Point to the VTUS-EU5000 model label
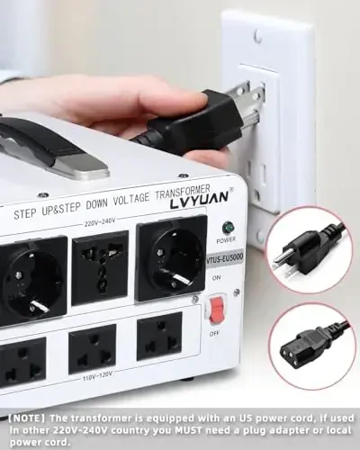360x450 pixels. point(224,256)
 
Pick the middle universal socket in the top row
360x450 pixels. point(98,266)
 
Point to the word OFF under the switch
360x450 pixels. point(214,332)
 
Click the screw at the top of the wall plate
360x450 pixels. point(257,37)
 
